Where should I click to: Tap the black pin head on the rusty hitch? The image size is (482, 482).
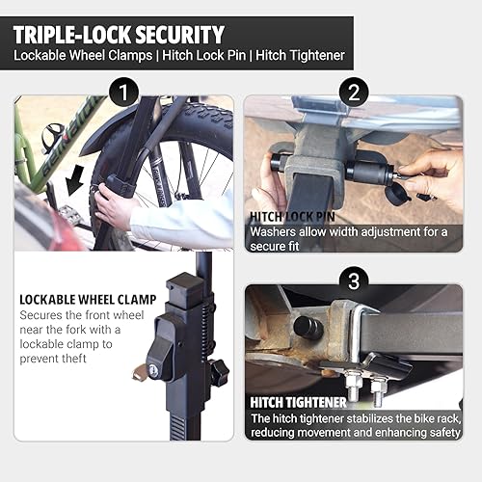click(307, 327)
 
